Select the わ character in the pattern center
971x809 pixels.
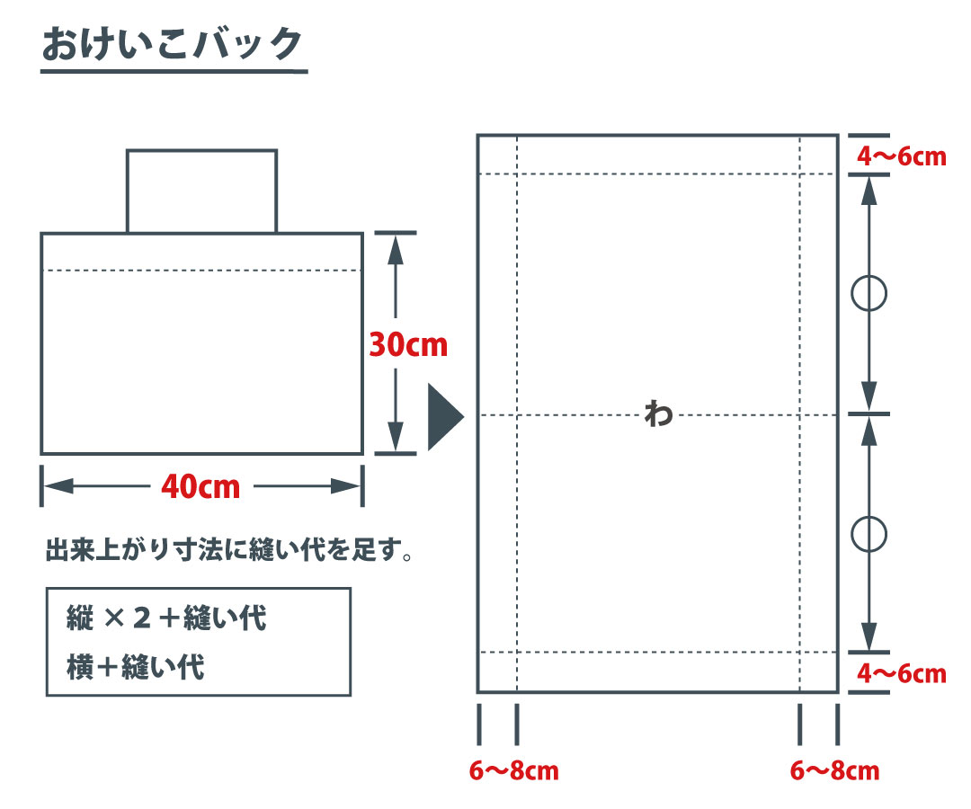click(658, 414)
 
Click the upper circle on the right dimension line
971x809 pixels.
click(869, 294)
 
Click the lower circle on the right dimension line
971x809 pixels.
click(869, 534)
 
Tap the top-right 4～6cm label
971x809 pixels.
click(901, 156)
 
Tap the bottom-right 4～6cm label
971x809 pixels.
click(901, 673)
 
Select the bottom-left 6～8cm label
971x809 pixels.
click(513, 770)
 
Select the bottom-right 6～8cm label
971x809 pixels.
click(834, 770)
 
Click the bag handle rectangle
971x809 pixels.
click(201, 191)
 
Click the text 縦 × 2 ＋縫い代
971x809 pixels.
click(166, 618)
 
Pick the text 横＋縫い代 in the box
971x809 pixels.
click(136, 667)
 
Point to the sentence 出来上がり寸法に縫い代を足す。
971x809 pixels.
click(229, 549)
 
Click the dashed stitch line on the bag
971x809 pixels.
click(201, 270)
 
